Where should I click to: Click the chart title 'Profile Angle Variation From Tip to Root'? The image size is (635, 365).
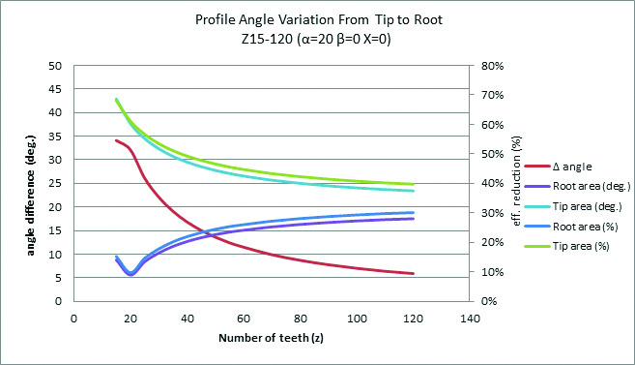click(x=319, y=19)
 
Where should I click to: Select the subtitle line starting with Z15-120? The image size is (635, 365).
click(x=316, y=39)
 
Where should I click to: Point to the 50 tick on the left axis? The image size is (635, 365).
click(x=55, y=66)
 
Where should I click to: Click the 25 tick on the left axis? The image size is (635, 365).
click(x=55, y=183)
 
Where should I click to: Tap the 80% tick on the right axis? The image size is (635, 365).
click(x=493, y=66)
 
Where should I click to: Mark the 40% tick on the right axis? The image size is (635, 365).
click(x=493, y=183)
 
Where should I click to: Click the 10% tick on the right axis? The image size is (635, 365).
click(x=493, y=272)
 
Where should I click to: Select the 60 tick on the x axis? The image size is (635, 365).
click(x=244, y=319)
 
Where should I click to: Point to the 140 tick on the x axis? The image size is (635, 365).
click(x=470, y=319)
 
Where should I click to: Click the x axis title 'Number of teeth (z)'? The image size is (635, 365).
click(x=271, y=338)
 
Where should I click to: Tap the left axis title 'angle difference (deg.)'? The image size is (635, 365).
click(x=31, y=196)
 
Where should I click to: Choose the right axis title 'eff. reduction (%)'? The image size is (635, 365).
click(x=516, y=181)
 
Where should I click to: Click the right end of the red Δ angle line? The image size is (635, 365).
click(x=413, y=273)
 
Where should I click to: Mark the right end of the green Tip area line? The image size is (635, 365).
click(x=413, y=184)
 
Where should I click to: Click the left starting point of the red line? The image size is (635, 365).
click(x=116, y=140)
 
